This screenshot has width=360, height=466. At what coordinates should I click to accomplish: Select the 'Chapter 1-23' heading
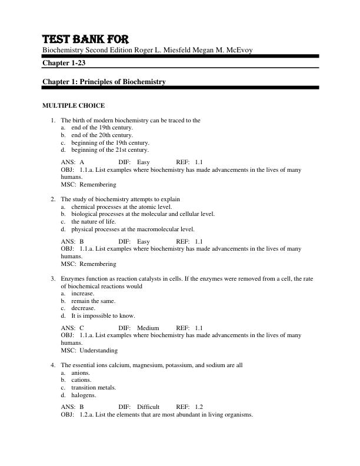64,62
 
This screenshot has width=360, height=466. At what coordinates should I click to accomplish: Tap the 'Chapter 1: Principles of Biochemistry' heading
104,82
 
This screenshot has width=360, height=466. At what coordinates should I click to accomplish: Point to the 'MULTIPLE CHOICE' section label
74,106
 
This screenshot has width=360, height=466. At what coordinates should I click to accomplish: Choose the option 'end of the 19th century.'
102,127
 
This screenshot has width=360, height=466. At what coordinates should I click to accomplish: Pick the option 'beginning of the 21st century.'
110,149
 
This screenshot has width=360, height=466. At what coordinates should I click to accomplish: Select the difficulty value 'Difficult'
148,407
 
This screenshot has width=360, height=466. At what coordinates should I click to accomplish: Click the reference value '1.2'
198,407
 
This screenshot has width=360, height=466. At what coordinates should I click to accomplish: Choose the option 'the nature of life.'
94,222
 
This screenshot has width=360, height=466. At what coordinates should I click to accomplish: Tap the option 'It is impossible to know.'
103,315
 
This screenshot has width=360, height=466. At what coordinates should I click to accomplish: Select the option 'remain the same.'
93,301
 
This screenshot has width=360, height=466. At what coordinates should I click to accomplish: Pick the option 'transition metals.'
94,388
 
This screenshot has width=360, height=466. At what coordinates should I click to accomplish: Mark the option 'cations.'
82,380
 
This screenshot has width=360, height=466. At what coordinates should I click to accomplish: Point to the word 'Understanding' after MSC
98,350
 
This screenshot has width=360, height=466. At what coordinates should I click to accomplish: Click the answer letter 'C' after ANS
82,328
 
